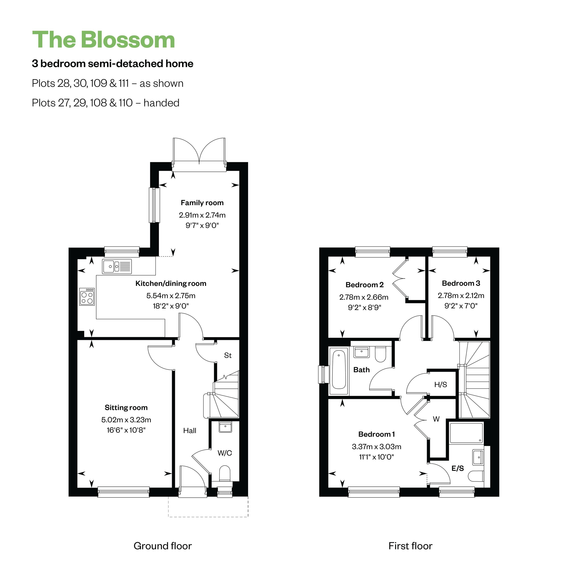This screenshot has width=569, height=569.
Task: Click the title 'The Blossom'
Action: [x=103, y=40]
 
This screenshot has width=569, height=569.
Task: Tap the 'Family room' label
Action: [x=202, y=203]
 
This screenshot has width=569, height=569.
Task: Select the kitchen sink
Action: [x=117, y=266]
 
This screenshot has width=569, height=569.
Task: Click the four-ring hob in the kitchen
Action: [x=87, y=296]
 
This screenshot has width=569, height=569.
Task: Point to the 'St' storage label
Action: [x=228, y=355]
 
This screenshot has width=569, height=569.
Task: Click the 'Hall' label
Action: [x=190, y=431]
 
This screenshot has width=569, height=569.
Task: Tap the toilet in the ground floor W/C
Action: [x=225, y=474]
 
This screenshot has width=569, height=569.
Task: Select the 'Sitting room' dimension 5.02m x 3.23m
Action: [x=126, y=420]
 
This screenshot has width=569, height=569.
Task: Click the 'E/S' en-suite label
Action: [x=458, y=468]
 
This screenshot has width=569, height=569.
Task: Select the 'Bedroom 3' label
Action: [x=461, y=283]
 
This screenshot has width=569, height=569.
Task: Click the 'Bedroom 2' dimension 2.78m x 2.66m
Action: [x=364, y=297]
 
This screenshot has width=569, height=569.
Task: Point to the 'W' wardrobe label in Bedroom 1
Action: [x=436, y=419]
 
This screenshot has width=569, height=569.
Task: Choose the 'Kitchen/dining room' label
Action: [x=171, y=283]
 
